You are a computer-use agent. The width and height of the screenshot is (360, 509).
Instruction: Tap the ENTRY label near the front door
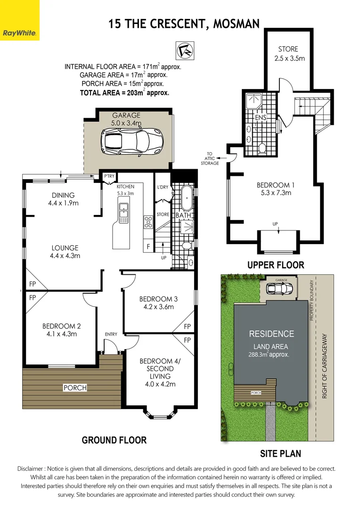[x=111, y=334]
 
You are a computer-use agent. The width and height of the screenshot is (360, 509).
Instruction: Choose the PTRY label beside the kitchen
[x=109, y=176]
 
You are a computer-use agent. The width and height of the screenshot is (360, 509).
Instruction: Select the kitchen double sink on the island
[x=123, y=213]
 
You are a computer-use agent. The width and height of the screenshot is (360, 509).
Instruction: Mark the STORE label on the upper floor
[x=288, y=49]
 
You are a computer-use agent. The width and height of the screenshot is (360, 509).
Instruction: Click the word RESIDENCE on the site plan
[x=271, y=334]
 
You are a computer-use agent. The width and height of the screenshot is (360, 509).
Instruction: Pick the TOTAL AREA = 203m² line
[x=124, y=93]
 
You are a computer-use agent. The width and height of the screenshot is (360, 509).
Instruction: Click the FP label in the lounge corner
[x=33, y=285]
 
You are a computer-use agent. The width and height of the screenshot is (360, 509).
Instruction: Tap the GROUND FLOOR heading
[x=114, y=440]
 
